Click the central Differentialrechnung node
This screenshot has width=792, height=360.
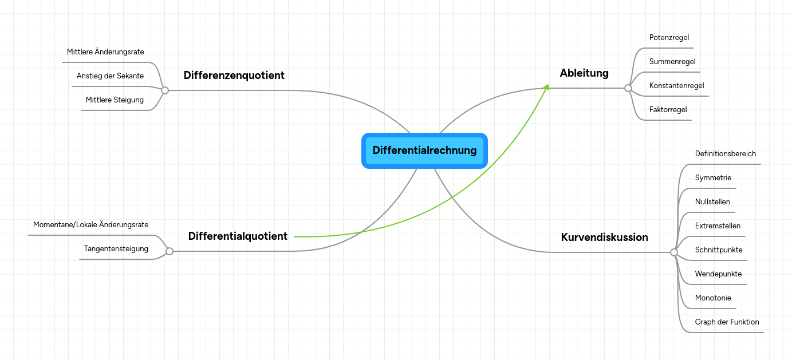[x=424, y=151]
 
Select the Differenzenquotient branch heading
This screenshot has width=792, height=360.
[x=234, y=75]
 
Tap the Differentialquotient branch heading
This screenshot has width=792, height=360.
[x=238, y=236]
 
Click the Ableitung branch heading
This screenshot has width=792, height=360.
[x=584, y=73]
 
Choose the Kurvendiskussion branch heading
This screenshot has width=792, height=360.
[x=604, y=237]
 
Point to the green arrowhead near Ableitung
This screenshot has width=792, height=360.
[x=546, y=87]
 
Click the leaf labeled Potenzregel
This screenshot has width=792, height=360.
[x=669, y=37]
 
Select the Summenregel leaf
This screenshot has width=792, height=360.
[x=672, y=61]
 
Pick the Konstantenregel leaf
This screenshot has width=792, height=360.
[x=676, y=85]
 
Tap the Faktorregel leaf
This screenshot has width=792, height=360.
[x=668, y=109]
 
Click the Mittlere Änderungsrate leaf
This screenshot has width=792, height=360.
[x=105, y=52]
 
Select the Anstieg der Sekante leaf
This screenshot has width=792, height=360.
[x=110, y=76]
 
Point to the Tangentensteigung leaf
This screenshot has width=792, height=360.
[x=116, y=249]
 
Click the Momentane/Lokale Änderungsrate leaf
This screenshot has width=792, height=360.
[x=90, y=225]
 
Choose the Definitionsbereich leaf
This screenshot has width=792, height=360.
[x=725, y=154]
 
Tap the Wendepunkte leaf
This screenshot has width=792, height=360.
[x=718, y=274]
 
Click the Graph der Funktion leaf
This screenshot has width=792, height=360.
[x=727, y=322]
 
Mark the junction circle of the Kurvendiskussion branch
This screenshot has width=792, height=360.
[x=674, y=252]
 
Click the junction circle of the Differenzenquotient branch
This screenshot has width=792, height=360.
[x=165, y=90]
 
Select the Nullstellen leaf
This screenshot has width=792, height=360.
[x=712, y=201]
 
